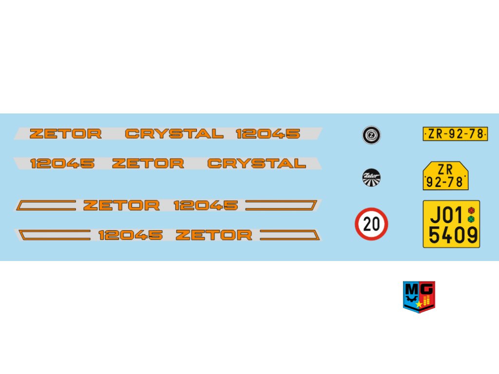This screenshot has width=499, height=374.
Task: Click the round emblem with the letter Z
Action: tap(371, 135)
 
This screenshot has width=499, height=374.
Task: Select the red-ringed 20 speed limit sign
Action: tap(371, 224)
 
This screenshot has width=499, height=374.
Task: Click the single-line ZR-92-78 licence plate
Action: tap(455, 134)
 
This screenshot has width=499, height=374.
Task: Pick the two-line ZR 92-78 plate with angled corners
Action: tap(446, 176)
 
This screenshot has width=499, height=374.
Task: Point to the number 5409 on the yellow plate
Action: tap(453, 236)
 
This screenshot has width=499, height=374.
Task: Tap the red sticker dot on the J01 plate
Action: tap(471, 210)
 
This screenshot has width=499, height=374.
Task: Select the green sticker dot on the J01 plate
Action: tap(471, 220)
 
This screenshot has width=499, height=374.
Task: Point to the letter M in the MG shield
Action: tap(411, 289)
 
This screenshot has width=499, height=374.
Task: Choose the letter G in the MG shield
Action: tap(427, 289)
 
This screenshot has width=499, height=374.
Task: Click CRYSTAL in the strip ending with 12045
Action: tap(174, 133)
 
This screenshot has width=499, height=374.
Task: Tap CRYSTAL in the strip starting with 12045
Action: tap(256, 164)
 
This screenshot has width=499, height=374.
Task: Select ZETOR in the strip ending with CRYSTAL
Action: tap(148, 164)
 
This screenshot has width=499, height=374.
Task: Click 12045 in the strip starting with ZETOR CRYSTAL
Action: tap(268, 133)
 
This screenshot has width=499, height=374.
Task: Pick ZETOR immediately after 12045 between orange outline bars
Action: tap(214, 235)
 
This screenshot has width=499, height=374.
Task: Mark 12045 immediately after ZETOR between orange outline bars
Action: tap(206, 206)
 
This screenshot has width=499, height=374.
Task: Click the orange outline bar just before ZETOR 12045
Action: tap(46, 206)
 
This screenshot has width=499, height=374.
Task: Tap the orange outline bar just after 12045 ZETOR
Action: tap(289, 235)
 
